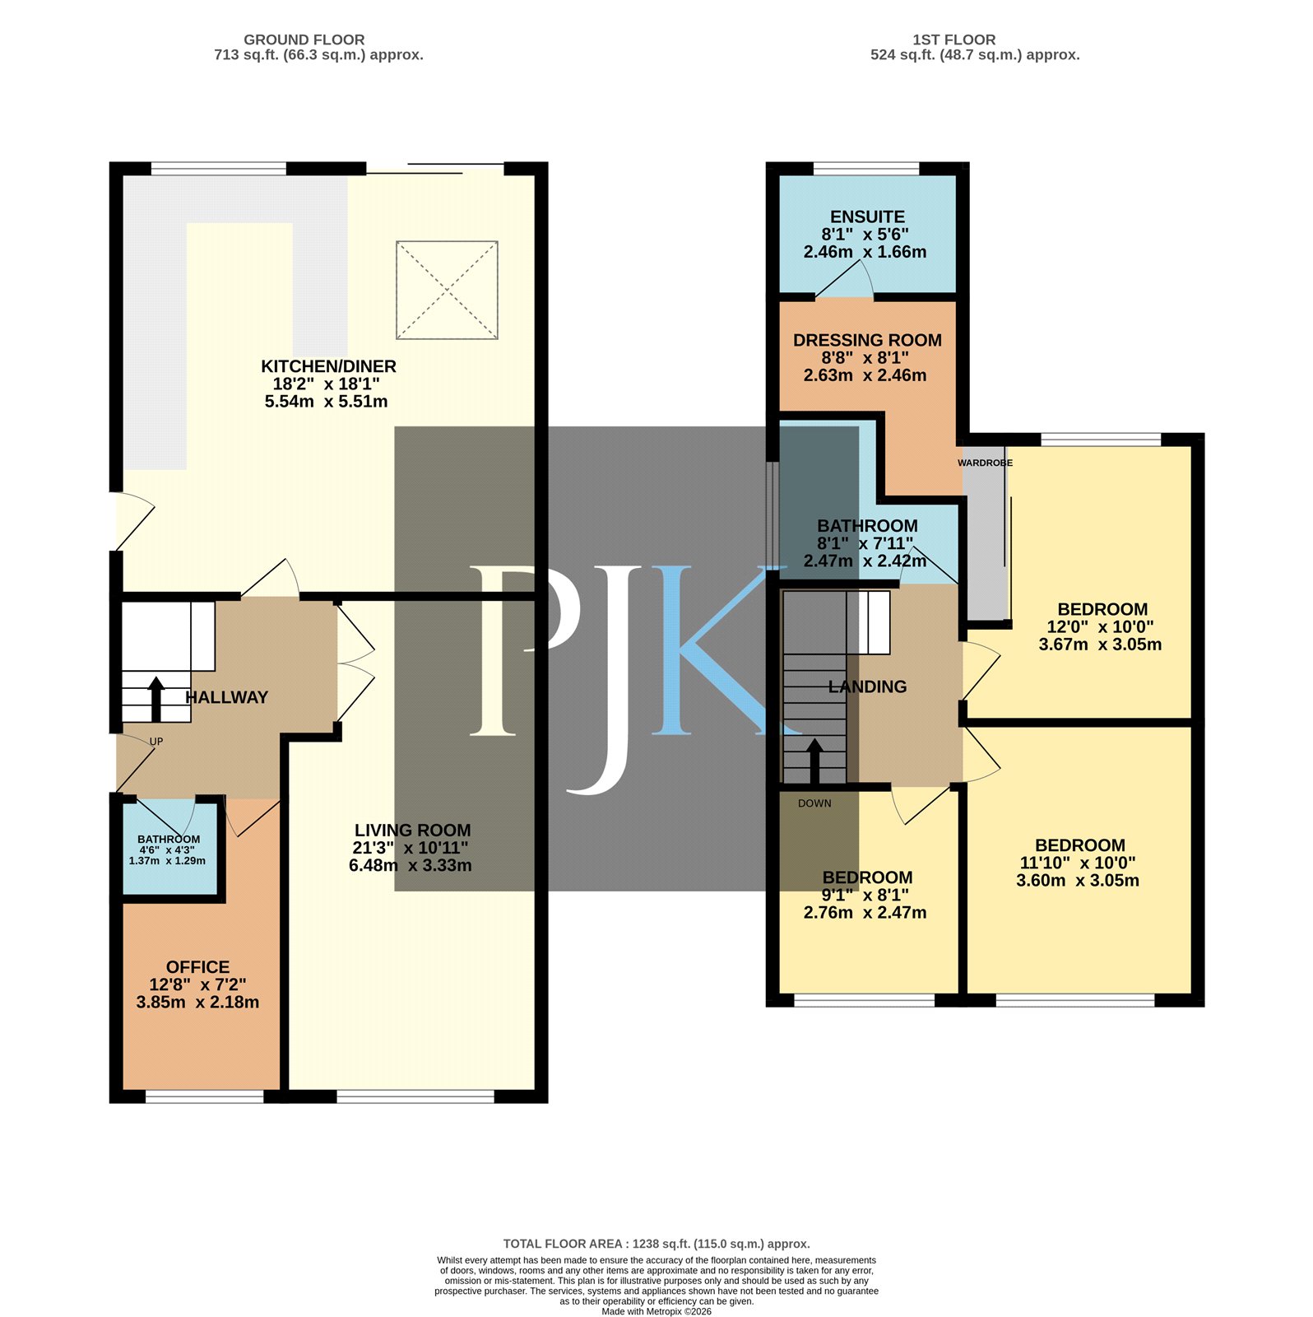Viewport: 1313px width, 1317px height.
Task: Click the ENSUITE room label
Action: click(x=867, y=217)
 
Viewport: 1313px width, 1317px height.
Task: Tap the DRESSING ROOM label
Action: click(x=867, y=341)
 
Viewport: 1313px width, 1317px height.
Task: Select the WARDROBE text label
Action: click(x=985, y=463)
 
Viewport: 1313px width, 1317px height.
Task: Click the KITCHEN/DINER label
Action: click(x=328, y=367)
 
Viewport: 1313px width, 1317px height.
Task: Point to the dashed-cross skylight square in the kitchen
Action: click(x=448, y=290)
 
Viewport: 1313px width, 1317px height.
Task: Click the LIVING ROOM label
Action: click(x=413, y=831)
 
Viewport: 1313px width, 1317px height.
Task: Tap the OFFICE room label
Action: click(x=197, y=968)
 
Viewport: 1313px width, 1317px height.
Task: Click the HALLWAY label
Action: click(x=227, y=698)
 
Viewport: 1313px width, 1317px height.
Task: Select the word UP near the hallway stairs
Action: click(x=156, y=742)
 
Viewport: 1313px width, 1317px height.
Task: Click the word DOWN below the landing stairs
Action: click(x=814, y=803)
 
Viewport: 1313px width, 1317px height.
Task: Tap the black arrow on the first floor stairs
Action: click(x=814, y=761)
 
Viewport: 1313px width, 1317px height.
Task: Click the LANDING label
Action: click(x=867, y=687)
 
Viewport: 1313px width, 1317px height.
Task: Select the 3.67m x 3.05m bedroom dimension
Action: click(x=1101, y=645)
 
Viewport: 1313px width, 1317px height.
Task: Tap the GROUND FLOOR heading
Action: click(x=304, y=40)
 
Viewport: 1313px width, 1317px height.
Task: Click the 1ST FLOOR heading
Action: click(x=954, y=40)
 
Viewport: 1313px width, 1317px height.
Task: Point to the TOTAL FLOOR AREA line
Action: click(x=656, y=1245)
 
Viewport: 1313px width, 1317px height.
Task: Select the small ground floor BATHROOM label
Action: click(x=169, y=840)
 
